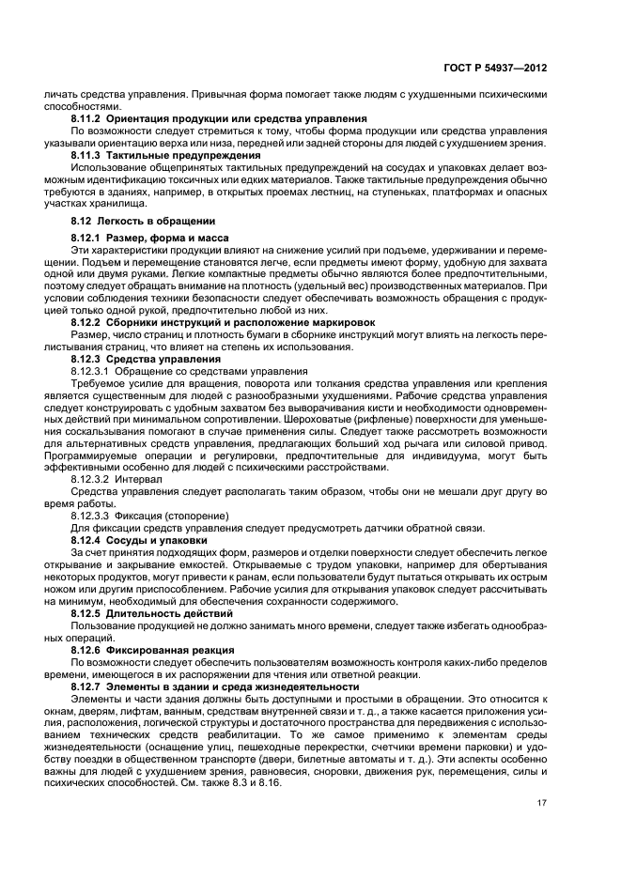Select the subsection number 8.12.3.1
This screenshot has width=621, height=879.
click(x=92, y=370)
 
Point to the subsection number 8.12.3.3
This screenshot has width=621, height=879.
click(x=92, y=515)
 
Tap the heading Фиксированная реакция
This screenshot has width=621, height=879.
click(x=167, y=649)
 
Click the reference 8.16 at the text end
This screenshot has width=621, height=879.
click(x=271, y=783)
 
